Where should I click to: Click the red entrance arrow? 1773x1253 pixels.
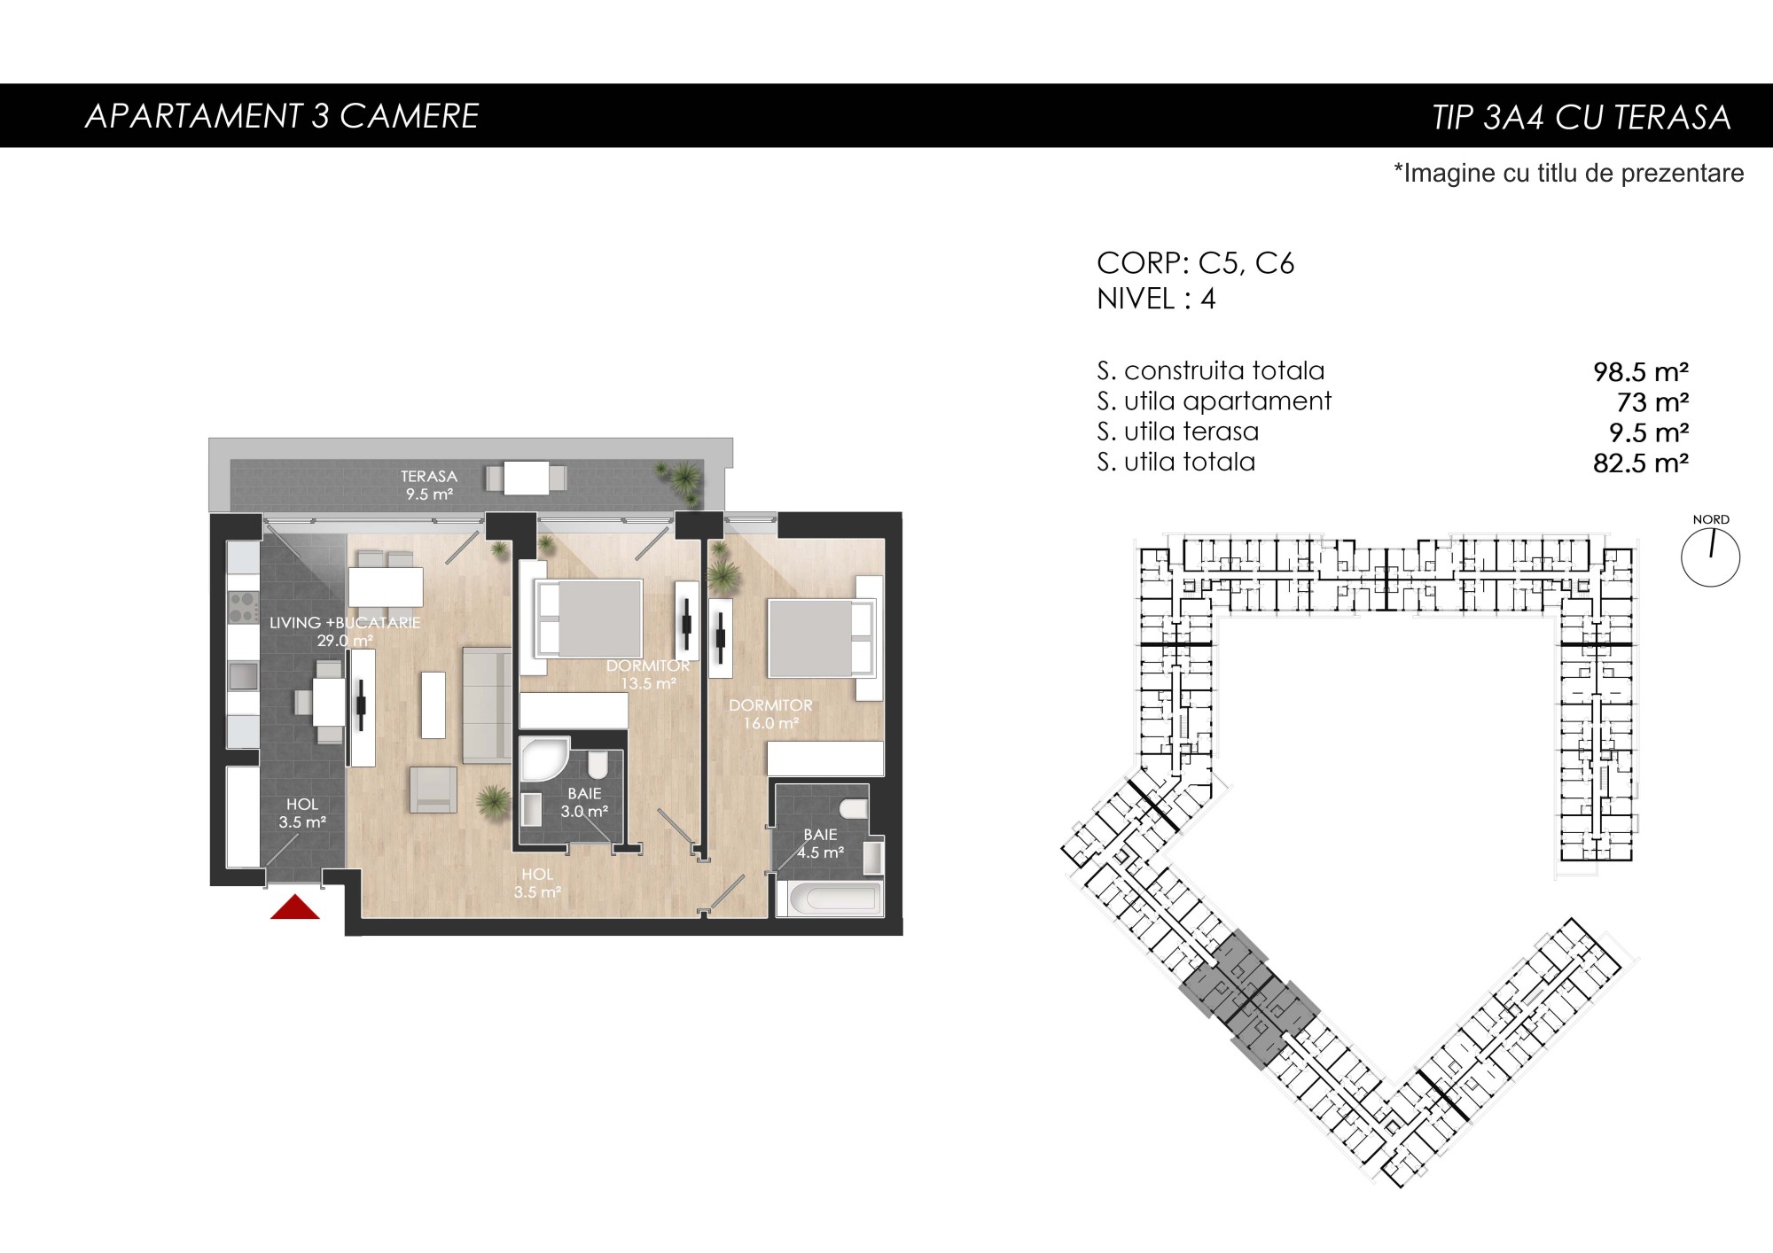295,907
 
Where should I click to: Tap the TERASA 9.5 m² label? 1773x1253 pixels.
429,486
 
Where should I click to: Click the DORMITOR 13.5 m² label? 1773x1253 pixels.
648,674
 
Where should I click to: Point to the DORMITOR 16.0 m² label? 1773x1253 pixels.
770,714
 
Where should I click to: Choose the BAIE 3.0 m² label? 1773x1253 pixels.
584,802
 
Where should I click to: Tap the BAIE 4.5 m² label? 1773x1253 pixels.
820,844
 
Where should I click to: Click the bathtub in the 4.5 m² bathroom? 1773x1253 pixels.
830,898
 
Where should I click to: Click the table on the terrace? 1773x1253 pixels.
527,479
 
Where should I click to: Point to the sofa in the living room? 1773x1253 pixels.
487,705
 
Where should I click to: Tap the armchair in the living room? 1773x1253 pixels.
433,790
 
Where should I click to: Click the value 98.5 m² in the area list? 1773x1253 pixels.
1640,371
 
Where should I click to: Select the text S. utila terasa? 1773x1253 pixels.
1177,432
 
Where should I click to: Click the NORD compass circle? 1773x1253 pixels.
1710,557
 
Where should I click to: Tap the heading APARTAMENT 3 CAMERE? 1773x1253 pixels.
282,116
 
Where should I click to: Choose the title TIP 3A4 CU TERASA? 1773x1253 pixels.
1582,117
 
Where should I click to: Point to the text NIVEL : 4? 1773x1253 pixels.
1156,300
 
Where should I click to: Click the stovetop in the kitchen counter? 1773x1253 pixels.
244,608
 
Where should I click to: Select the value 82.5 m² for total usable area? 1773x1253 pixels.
1640,463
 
